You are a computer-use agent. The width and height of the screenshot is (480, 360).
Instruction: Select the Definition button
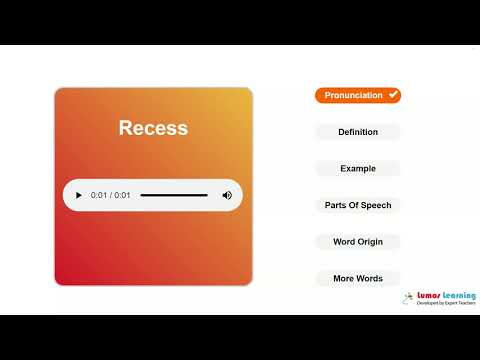pos(358,132)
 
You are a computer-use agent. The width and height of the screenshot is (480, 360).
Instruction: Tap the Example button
pos(358,168)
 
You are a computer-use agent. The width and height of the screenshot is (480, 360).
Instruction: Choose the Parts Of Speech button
pos(358,205)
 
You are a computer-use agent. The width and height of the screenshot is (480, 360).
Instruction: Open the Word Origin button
pos(358,241)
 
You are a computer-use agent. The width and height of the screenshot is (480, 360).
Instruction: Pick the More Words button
pos(358,278)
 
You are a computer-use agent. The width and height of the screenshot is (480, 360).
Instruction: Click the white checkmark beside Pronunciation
pos(393,95)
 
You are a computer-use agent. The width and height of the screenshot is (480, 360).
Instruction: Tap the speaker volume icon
pos(227,195)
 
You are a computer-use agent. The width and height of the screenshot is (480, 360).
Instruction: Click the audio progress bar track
pos(174,195)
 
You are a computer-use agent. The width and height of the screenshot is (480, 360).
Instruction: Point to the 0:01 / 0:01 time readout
pos(110,195)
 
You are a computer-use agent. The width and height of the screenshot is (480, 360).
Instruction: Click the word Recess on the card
pos(153,128)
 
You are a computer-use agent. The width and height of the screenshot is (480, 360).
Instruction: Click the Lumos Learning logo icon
pos(409,298)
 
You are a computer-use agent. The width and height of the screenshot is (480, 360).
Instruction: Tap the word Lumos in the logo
pos(429,296)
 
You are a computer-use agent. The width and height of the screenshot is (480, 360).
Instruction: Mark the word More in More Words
pos(343,278)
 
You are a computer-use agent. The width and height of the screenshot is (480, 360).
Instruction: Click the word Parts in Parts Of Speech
pos(335,205)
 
